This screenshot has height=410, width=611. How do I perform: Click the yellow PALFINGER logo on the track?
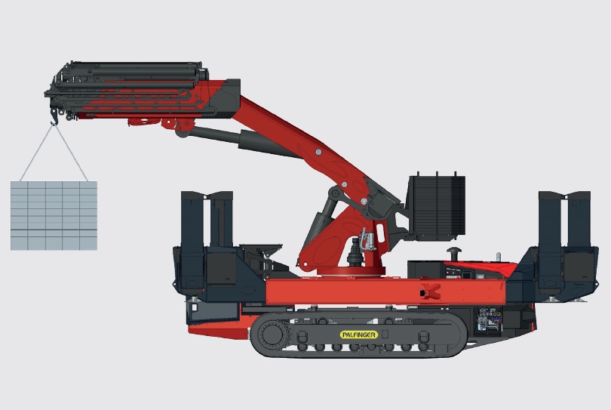[358, 334]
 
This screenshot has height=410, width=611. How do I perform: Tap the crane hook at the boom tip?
[54, 117]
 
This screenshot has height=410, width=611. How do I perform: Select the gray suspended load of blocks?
[54, 215]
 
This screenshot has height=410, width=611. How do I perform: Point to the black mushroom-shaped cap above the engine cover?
[454, 252]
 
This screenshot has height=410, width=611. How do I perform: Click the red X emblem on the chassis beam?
[431, 291]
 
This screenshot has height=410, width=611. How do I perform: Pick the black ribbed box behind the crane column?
[437, 207]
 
